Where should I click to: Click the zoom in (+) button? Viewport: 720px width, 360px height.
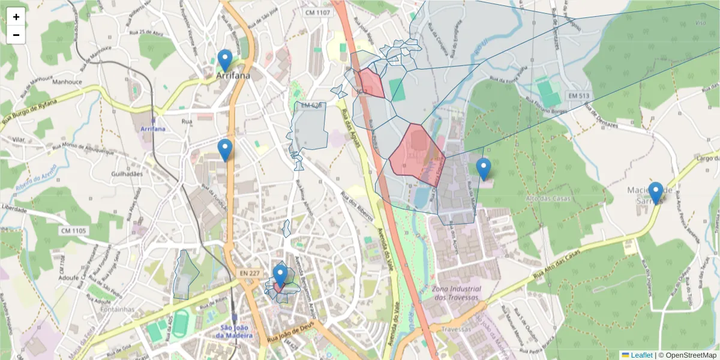[x=16, y=17]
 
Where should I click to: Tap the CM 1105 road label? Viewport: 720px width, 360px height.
[x=73, y=230]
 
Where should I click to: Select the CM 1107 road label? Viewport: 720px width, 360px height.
[x=317, y=12]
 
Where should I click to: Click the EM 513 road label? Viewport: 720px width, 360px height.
[x=578, y=95]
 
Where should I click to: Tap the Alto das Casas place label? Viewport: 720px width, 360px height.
[x=548, y=198]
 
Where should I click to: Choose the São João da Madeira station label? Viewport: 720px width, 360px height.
[x=235, y=331]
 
